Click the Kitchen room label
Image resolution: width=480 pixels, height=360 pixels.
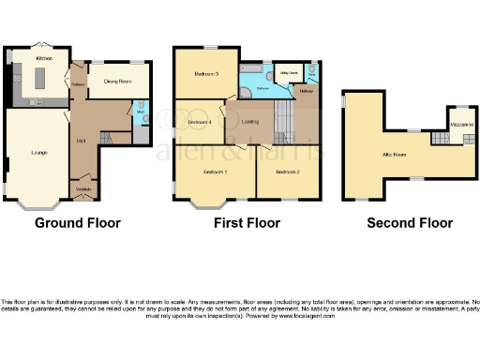42,58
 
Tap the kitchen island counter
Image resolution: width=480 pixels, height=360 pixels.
39,83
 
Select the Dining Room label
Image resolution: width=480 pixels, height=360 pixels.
117,82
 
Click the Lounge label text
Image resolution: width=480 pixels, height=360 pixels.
39,152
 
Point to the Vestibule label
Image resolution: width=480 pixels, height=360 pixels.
83,190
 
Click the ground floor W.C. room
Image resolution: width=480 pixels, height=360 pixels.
140,114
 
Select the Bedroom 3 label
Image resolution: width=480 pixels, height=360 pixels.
206,73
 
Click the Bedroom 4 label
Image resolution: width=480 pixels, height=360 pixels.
200,123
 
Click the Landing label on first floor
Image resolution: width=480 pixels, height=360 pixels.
250,123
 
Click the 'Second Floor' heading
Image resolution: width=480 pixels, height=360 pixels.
410,223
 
